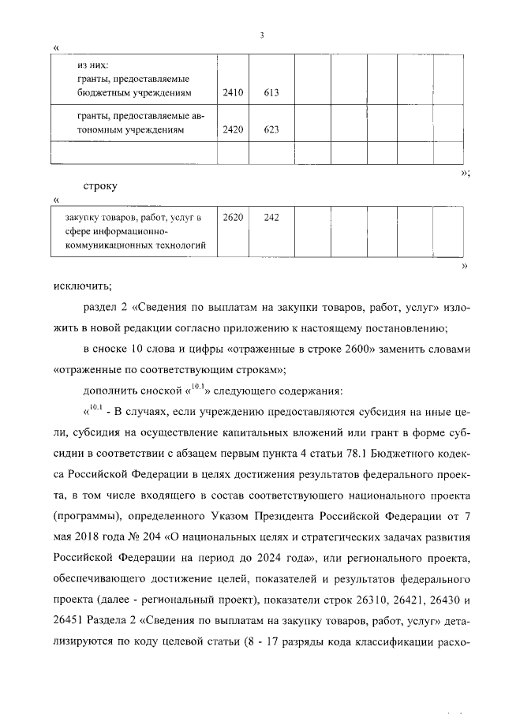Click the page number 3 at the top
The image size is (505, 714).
[261, 35]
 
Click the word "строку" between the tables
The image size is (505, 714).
[99, 186]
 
